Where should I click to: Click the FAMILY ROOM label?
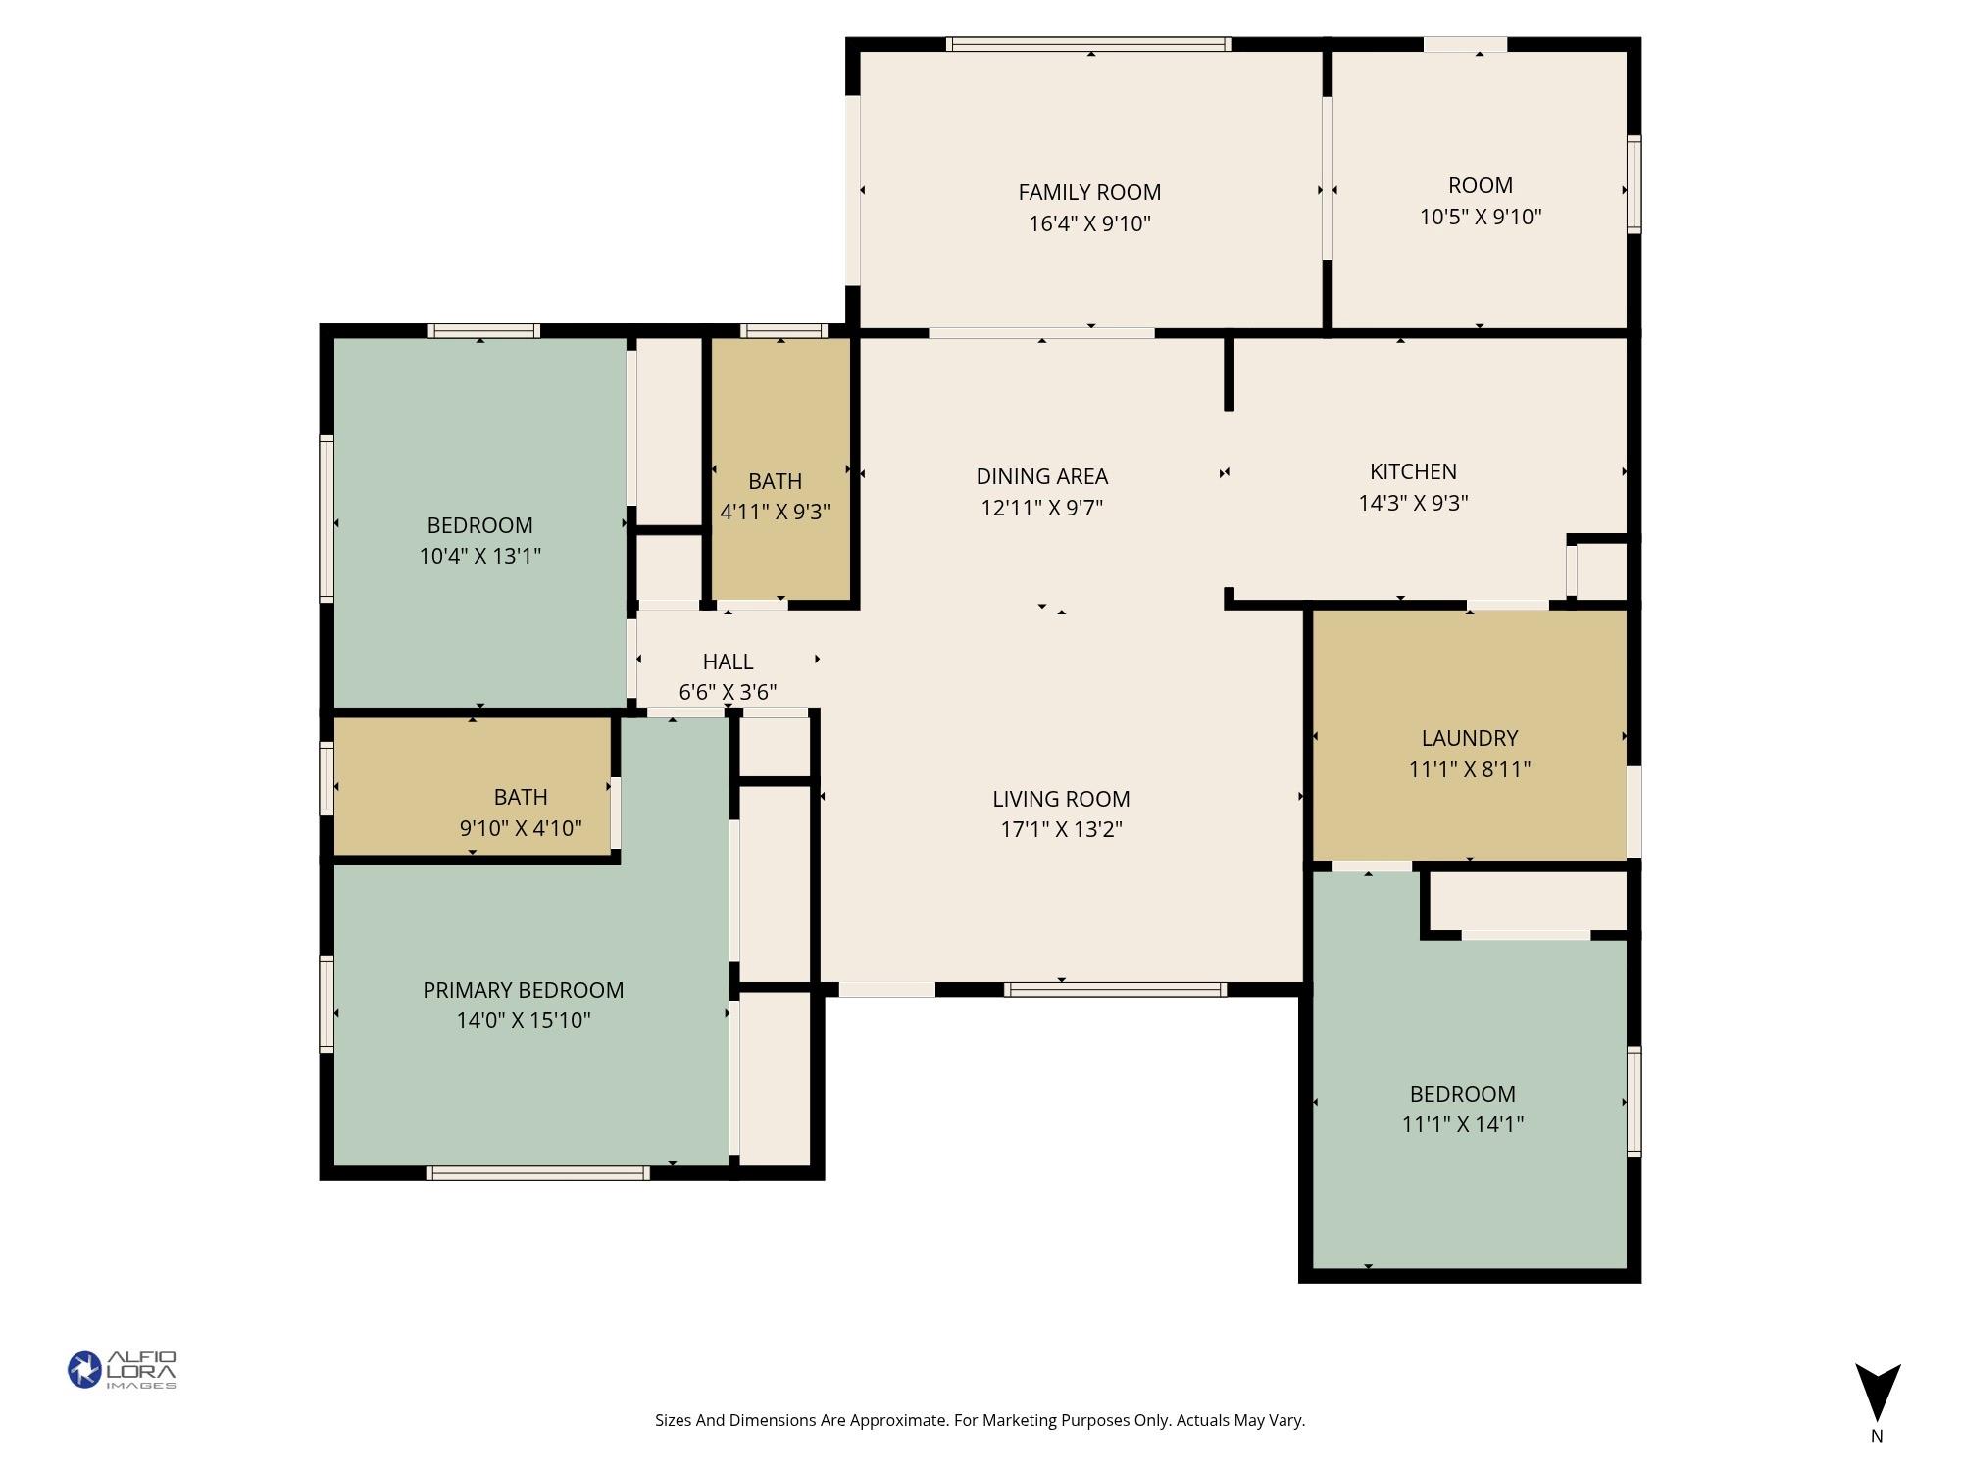tap(1089, 192)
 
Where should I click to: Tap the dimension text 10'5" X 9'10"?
tap(1481, 217)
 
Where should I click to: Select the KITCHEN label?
tap(1413, 471)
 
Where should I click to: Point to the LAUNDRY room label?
tap(1469, 738)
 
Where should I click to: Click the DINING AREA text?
tap(1041, 476)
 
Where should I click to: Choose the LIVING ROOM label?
tap(1061, 799)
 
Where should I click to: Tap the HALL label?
tap(728, 661)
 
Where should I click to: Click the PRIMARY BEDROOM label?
tap(523, 990)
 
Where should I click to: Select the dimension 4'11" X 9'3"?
tap(775, 512)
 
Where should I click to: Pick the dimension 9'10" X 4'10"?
tap(521, 828)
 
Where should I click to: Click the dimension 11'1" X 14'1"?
tap(1462, 1124)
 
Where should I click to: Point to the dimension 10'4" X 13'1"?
tap(479, 556)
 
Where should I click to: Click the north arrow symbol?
tap(1877, 1393)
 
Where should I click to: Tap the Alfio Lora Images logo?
tap(122, 1369)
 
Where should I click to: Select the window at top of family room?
tap(1088, 44)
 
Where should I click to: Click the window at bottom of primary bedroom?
tap(537, 1173)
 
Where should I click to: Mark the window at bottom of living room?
tap(1115, 990)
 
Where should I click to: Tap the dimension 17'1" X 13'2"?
tap(1061, 829)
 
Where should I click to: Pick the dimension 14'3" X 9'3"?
tap(1413, 503)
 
